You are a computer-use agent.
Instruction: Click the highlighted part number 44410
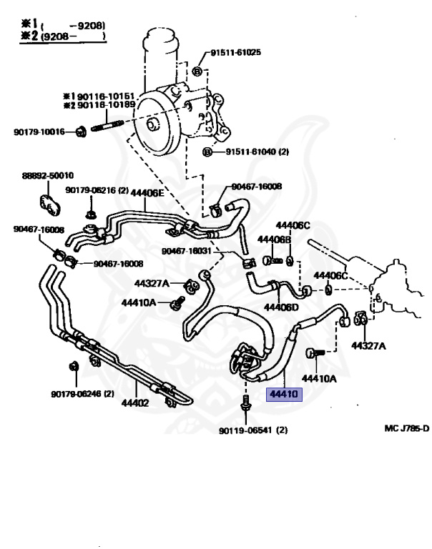[285, 393]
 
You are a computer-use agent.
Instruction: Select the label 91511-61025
[235, 52]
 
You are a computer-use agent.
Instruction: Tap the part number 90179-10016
[39, 132]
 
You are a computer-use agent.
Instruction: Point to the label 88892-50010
[47, 175]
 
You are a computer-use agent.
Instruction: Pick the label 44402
[134, 403]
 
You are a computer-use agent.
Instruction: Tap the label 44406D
[281, 307]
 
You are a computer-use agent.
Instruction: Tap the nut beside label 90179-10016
[81, 130]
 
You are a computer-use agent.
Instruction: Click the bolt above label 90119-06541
[246, 405]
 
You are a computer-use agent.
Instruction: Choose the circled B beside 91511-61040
[208, 152]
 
